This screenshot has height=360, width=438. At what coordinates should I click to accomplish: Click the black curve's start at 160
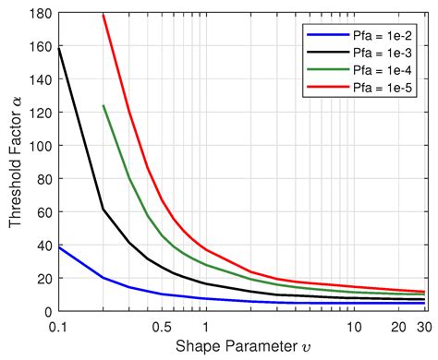57,48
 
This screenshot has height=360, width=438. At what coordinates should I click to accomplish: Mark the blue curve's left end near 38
57,247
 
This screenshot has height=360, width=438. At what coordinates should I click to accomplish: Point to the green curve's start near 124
103,106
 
